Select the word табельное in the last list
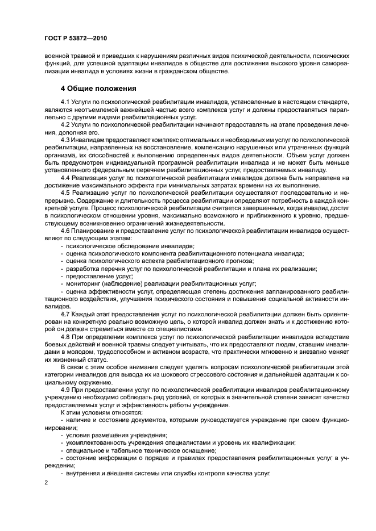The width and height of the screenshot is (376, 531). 119,450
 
